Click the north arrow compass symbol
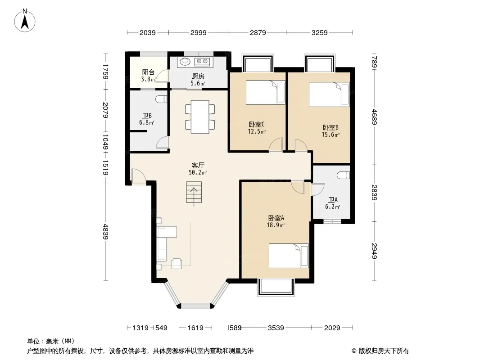coord(25,20)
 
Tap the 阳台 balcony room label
coord(148,72)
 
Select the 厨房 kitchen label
coord(198,76)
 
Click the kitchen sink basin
coord(185,62)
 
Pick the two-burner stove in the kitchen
coord(202,62)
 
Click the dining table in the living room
coord(200,117)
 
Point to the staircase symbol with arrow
coord(194,192)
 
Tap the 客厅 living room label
coord(198,165)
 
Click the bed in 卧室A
coord(289,256)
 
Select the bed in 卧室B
coord(329,94)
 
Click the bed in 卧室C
coord(265,92)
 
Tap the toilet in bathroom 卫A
coord(343,175)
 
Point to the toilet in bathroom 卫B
coord(161,99)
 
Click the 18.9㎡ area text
coord(276,225)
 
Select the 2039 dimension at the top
coord(148,32)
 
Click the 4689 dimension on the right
coord(374,117)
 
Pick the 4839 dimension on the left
coord(105,232)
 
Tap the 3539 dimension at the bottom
coord(276,328)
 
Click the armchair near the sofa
coord(177,263)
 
